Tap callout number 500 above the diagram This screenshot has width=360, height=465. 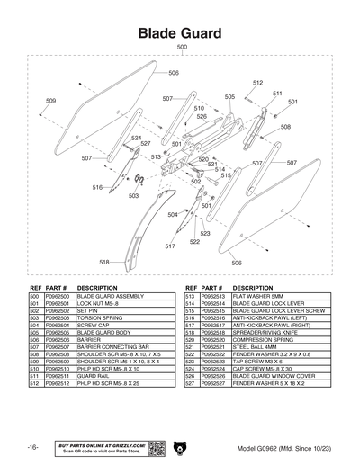(x=182, y=47)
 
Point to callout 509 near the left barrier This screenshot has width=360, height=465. (x=50, y=100)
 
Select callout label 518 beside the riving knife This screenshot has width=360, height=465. (x=104, y=262)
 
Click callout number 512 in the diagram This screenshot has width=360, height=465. (x=257, y=83)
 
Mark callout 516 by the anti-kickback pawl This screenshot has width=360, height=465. (x=96, y=187)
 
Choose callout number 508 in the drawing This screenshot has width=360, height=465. (x=285, y=127)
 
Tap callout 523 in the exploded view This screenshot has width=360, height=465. (x=205, y=233)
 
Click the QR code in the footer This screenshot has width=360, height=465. (x=153, y=446)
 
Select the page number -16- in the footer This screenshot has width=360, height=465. (x=31, y=447)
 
